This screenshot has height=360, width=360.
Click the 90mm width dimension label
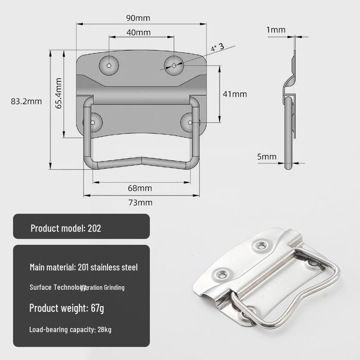(138, 18)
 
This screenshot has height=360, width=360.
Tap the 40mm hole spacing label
(139, 32)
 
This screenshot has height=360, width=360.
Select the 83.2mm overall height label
(26, 101)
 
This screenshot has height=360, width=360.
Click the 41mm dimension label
(235, 94)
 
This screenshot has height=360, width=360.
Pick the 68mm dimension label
(140, 188)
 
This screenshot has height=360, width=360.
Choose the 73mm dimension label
(140, 202)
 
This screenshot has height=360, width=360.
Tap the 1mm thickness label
(276, 30)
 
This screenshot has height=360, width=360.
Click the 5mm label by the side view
(267, 157)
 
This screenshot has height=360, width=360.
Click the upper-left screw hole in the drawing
(109, 65)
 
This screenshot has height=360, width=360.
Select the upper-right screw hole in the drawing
(174, 65)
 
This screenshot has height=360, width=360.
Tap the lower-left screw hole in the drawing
(94, 122)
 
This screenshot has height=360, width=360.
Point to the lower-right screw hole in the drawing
(190, 122)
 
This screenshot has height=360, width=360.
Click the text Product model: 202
(66, 228)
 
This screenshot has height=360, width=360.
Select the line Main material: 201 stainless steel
(84, 267)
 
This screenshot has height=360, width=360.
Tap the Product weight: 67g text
(67, 308)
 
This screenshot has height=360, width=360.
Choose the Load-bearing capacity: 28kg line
(71, 329)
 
